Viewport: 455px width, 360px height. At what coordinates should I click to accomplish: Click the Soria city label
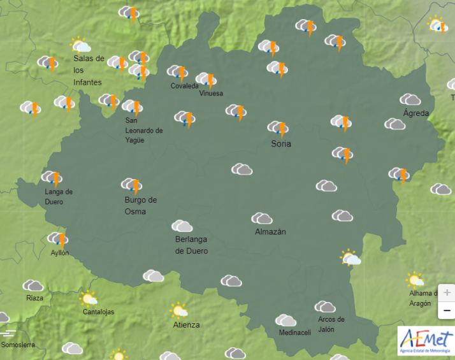pos(281,144)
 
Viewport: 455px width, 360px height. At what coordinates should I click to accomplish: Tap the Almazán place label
pos(270,232)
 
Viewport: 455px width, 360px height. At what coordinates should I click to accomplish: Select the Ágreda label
pos(416,113)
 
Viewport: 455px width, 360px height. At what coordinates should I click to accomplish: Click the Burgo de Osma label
pos(140,206)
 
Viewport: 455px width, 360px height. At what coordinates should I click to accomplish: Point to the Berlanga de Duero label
pos(191,245)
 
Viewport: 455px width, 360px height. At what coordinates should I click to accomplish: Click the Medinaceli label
pos(294,333)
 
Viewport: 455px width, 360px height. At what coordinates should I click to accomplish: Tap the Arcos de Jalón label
pos(331,324)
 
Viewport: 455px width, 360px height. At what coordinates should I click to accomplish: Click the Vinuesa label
pos(211,94)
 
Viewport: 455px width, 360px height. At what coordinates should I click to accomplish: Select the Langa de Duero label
pos(59,197)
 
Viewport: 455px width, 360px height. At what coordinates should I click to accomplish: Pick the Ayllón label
pos(60,253)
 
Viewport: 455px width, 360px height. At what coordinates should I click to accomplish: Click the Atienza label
pos(186,325)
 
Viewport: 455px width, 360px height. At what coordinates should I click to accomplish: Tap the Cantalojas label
pos(98,312)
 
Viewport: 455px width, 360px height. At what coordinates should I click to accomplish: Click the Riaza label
pos(34,298)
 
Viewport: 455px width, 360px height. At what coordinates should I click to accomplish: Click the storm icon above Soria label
pos(278,128)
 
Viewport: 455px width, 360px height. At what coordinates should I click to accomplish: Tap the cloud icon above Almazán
pos(262,219)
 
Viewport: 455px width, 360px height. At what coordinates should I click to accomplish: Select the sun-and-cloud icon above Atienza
pos(179,310)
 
